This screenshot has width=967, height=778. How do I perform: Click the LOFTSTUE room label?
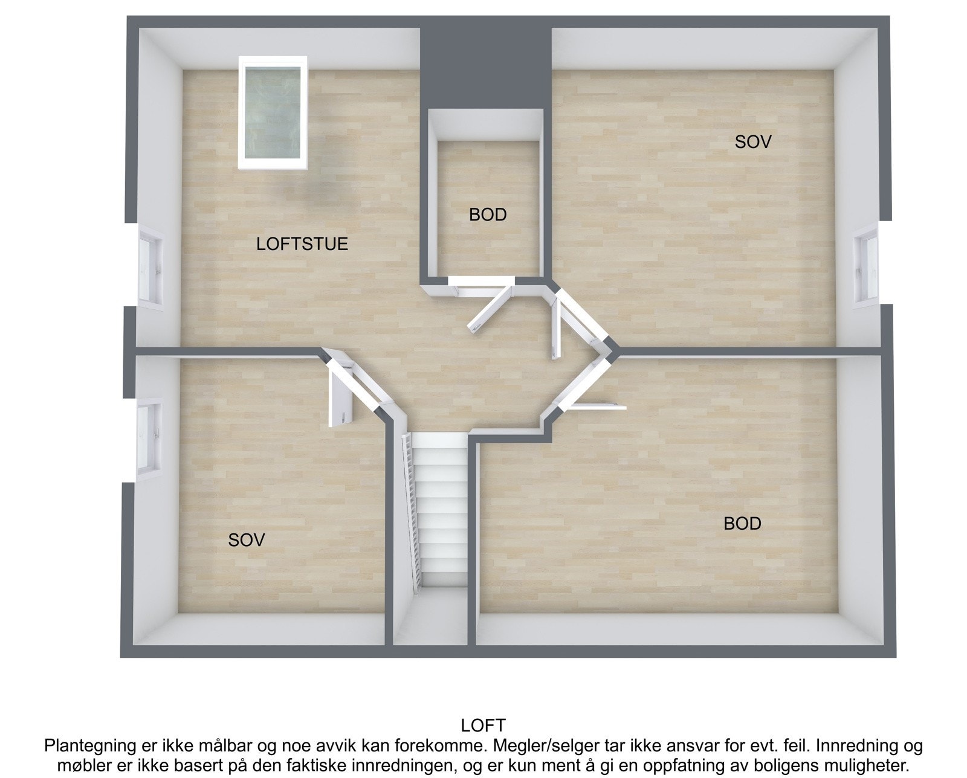(302, 244)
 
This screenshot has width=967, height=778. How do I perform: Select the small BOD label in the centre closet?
(487, 214)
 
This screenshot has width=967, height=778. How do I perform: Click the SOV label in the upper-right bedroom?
(752, 142)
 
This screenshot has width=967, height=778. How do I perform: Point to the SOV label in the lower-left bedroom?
(246, 539)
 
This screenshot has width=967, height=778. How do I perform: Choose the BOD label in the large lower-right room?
(742, 523)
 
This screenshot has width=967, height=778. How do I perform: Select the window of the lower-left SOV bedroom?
(148, 439)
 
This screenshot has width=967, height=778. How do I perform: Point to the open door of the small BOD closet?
(490, 310)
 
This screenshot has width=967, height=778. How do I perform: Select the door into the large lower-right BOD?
(598, 406)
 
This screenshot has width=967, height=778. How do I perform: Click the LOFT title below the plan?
(483, 725)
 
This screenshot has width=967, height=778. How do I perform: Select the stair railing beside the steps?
(412, 507)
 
